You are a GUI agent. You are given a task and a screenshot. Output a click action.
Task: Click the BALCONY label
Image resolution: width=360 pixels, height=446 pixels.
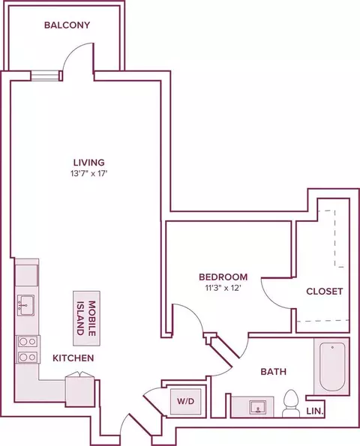coord(67,25)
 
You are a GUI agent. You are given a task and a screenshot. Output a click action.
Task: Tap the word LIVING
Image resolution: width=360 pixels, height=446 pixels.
coord(89,163)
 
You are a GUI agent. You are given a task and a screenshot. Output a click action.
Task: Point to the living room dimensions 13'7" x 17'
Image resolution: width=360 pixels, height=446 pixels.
coord(88,173)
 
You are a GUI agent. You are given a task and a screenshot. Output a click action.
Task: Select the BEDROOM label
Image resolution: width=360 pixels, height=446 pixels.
coord(223,277)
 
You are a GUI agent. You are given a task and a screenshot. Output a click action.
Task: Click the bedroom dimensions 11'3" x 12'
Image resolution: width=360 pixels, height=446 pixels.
coord(223,288)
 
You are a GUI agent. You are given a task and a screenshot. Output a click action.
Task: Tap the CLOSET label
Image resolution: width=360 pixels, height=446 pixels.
coord(325,292)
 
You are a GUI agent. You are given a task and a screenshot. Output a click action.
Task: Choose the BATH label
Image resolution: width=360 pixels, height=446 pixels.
coord(274,372)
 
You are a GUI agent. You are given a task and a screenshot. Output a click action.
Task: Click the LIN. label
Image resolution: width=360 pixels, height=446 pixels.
coord(315,411)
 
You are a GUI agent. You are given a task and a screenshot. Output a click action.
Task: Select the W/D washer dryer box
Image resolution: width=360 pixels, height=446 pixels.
coord(185,401)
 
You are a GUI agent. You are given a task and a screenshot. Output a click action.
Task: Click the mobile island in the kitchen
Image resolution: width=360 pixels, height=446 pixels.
coord(86,319)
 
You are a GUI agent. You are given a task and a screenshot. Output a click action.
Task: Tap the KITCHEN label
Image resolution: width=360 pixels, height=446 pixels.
coord(73,358)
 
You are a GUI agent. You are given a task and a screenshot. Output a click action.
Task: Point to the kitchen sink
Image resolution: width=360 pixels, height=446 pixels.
coord(26,305)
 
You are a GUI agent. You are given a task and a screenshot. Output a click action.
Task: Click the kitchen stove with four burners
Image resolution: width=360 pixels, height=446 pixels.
coord(28,349)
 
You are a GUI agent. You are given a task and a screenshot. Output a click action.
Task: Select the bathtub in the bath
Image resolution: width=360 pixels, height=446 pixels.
coord(332,367)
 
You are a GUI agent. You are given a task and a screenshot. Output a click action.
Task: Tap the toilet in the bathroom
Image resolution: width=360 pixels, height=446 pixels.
coord(291,403)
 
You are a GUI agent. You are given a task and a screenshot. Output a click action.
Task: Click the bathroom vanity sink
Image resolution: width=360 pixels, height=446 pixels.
coord(258,408)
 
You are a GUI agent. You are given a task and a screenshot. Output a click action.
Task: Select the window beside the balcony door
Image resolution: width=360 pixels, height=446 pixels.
coord(45,76)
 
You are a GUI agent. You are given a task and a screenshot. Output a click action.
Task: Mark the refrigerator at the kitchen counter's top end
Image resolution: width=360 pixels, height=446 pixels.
coord(27,275)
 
